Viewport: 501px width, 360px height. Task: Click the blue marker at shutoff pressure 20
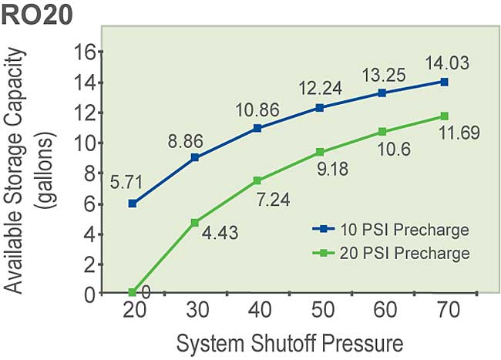(x=133, y=204)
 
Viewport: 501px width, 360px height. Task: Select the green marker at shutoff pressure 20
(x=133, y=292)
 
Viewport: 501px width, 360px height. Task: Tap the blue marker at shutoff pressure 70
(x=444, y=82)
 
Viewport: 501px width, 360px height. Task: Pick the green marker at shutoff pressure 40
(x=257, y=180)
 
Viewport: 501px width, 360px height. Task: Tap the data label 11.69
(x=459, y=133)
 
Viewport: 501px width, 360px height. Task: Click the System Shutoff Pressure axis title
(x=289, y=341)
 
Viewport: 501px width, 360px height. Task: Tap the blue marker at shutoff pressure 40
(x=257, y=128)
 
